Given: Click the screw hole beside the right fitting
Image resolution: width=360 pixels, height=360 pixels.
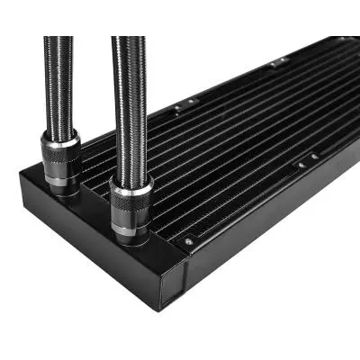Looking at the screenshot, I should click(187, 241).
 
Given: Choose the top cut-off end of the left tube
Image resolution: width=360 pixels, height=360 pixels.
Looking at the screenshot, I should click(58, 38).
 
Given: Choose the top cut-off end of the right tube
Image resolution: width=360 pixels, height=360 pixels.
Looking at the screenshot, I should click(127, 38).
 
